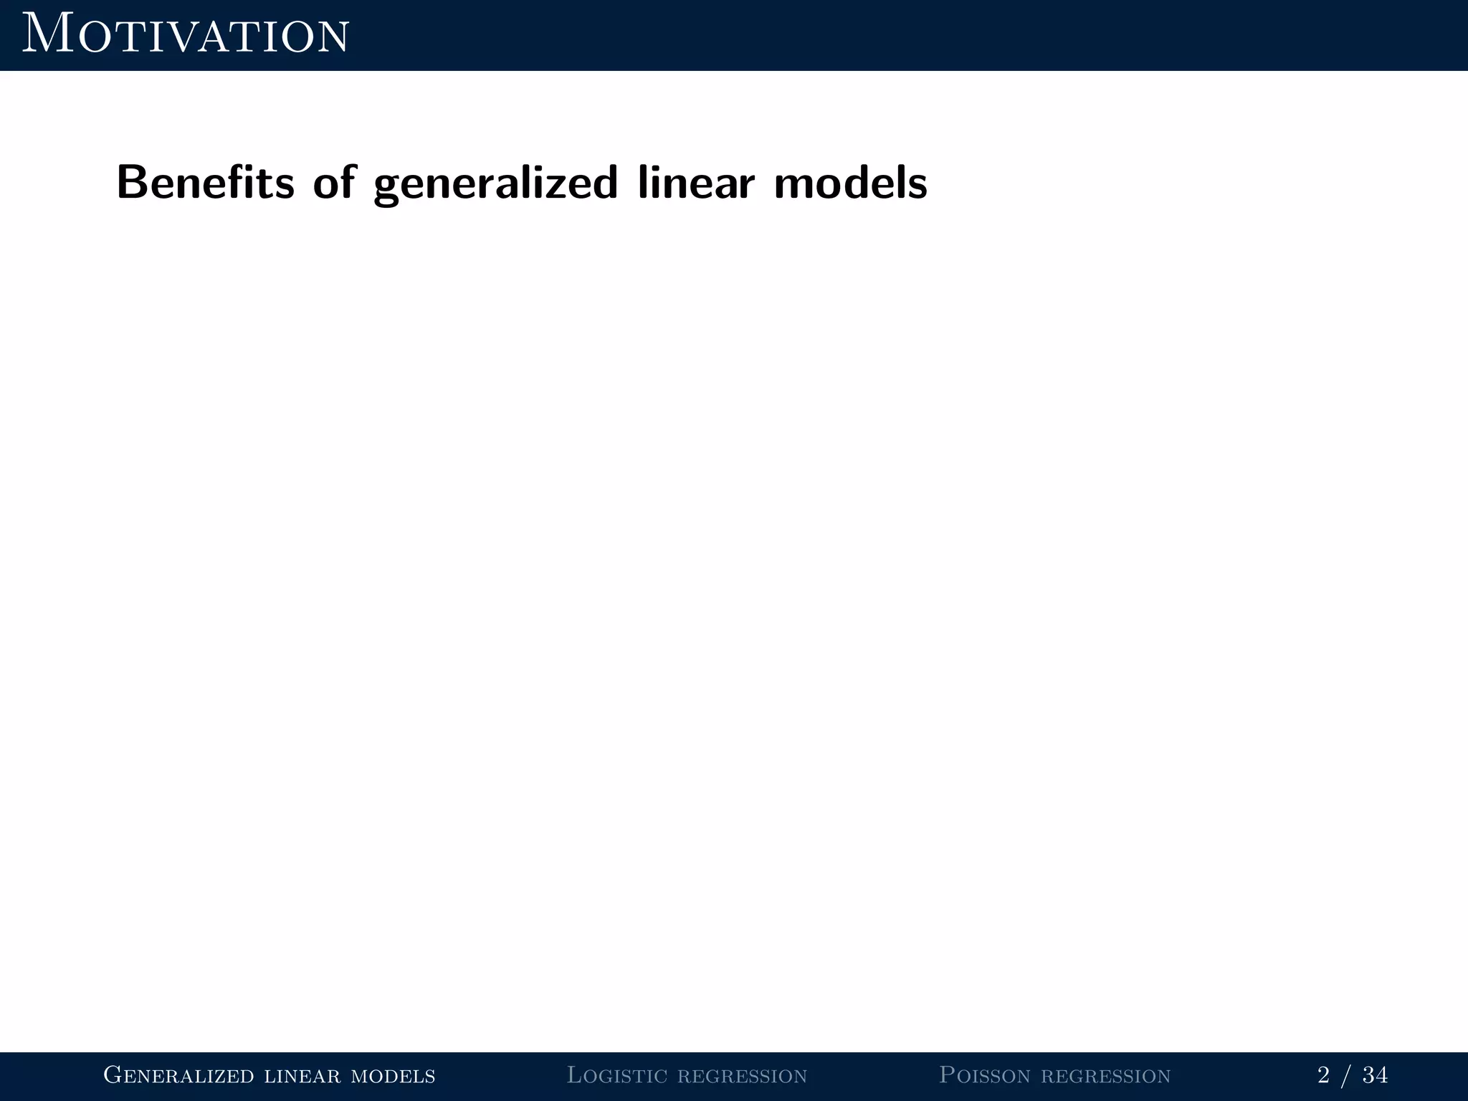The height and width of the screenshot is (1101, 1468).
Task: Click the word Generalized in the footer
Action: tap(178, 1075)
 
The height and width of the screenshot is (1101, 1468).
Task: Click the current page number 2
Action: tap(1323, 1075)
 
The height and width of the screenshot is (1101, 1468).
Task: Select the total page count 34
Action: tap(1375, 1075)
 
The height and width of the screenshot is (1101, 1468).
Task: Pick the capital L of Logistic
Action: tap(575, 1074)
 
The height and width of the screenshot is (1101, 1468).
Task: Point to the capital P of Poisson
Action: tap(947, 1074)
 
